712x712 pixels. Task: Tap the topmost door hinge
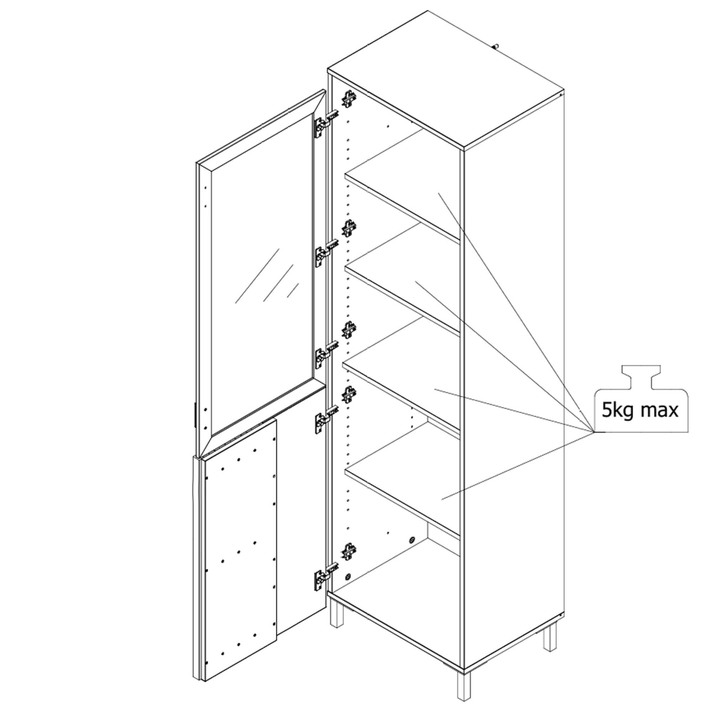click(x=326, y=122)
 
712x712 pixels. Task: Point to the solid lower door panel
click(x=239, y=551)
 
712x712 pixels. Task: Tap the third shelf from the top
click(x=402, y=372)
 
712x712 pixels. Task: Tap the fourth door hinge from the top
click(x=326, y=419)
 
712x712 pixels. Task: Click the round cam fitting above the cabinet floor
click(x=412, y=540)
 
